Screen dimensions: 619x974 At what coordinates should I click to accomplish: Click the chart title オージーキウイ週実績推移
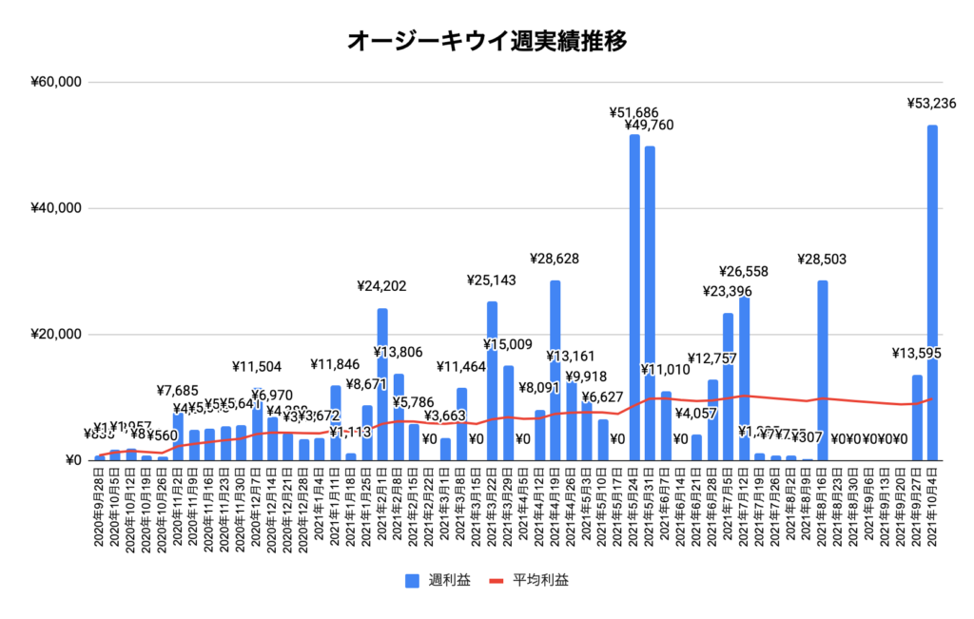486,41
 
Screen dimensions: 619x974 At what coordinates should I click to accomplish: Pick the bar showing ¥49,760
650,303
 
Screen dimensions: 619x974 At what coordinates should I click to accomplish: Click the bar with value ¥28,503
823,371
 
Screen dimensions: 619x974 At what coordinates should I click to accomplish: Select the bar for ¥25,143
493,381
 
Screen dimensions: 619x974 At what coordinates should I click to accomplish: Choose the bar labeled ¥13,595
917,418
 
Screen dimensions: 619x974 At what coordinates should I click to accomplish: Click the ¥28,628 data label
555,258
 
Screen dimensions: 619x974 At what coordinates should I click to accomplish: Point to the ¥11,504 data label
257,365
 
